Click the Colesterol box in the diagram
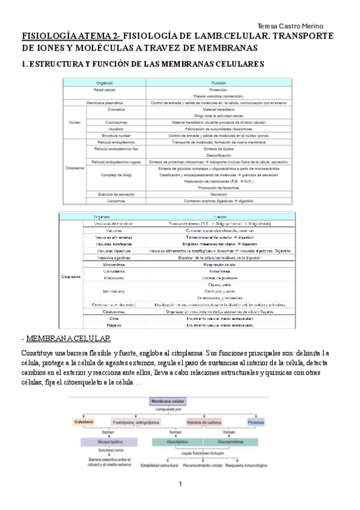click(x=86, y=422)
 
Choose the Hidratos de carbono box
click(x=206, y=422)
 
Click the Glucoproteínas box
click(x=225, y=441)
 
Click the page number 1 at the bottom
click(x=179, y=485)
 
